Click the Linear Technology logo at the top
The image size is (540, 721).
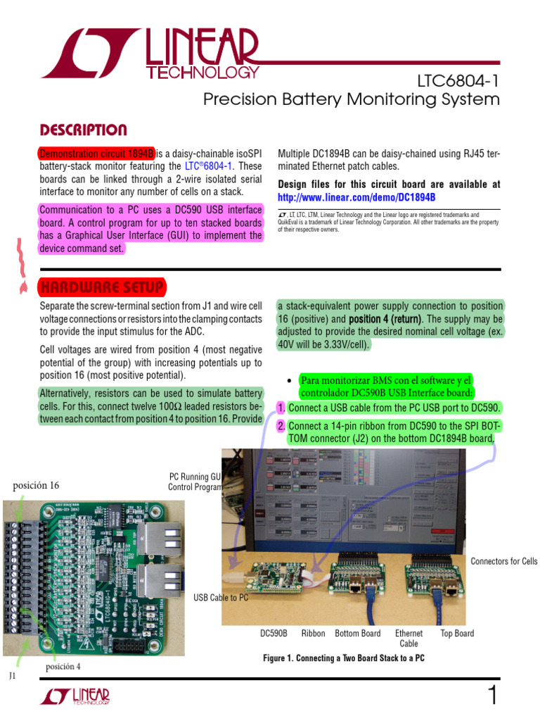coord(150,56)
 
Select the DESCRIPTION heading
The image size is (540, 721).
coord(83,130)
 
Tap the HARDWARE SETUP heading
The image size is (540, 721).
coord(102,287)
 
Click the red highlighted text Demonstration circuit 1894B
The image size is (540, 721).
coord(96,153)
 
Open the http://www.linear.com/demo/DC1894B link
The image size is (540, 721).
coord(356,197)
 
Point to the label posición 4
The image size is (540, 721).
coord(63,667)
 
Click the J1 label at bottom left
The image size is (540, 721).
coord(12,676)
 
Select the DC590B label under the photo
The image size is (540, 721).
coord(274,634)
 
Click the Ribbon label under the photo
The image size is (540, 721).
coord(313,634)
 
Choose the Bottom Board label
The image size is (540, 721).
coord(357,634)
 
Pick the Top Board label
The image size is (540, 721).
coord(457,634)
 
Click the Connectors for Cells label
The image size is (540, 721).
coord(503,561)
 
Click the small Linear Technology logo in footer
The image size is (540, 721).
coord(75,697)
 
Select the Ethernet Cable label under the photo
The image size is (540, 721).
coord(409,639)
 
